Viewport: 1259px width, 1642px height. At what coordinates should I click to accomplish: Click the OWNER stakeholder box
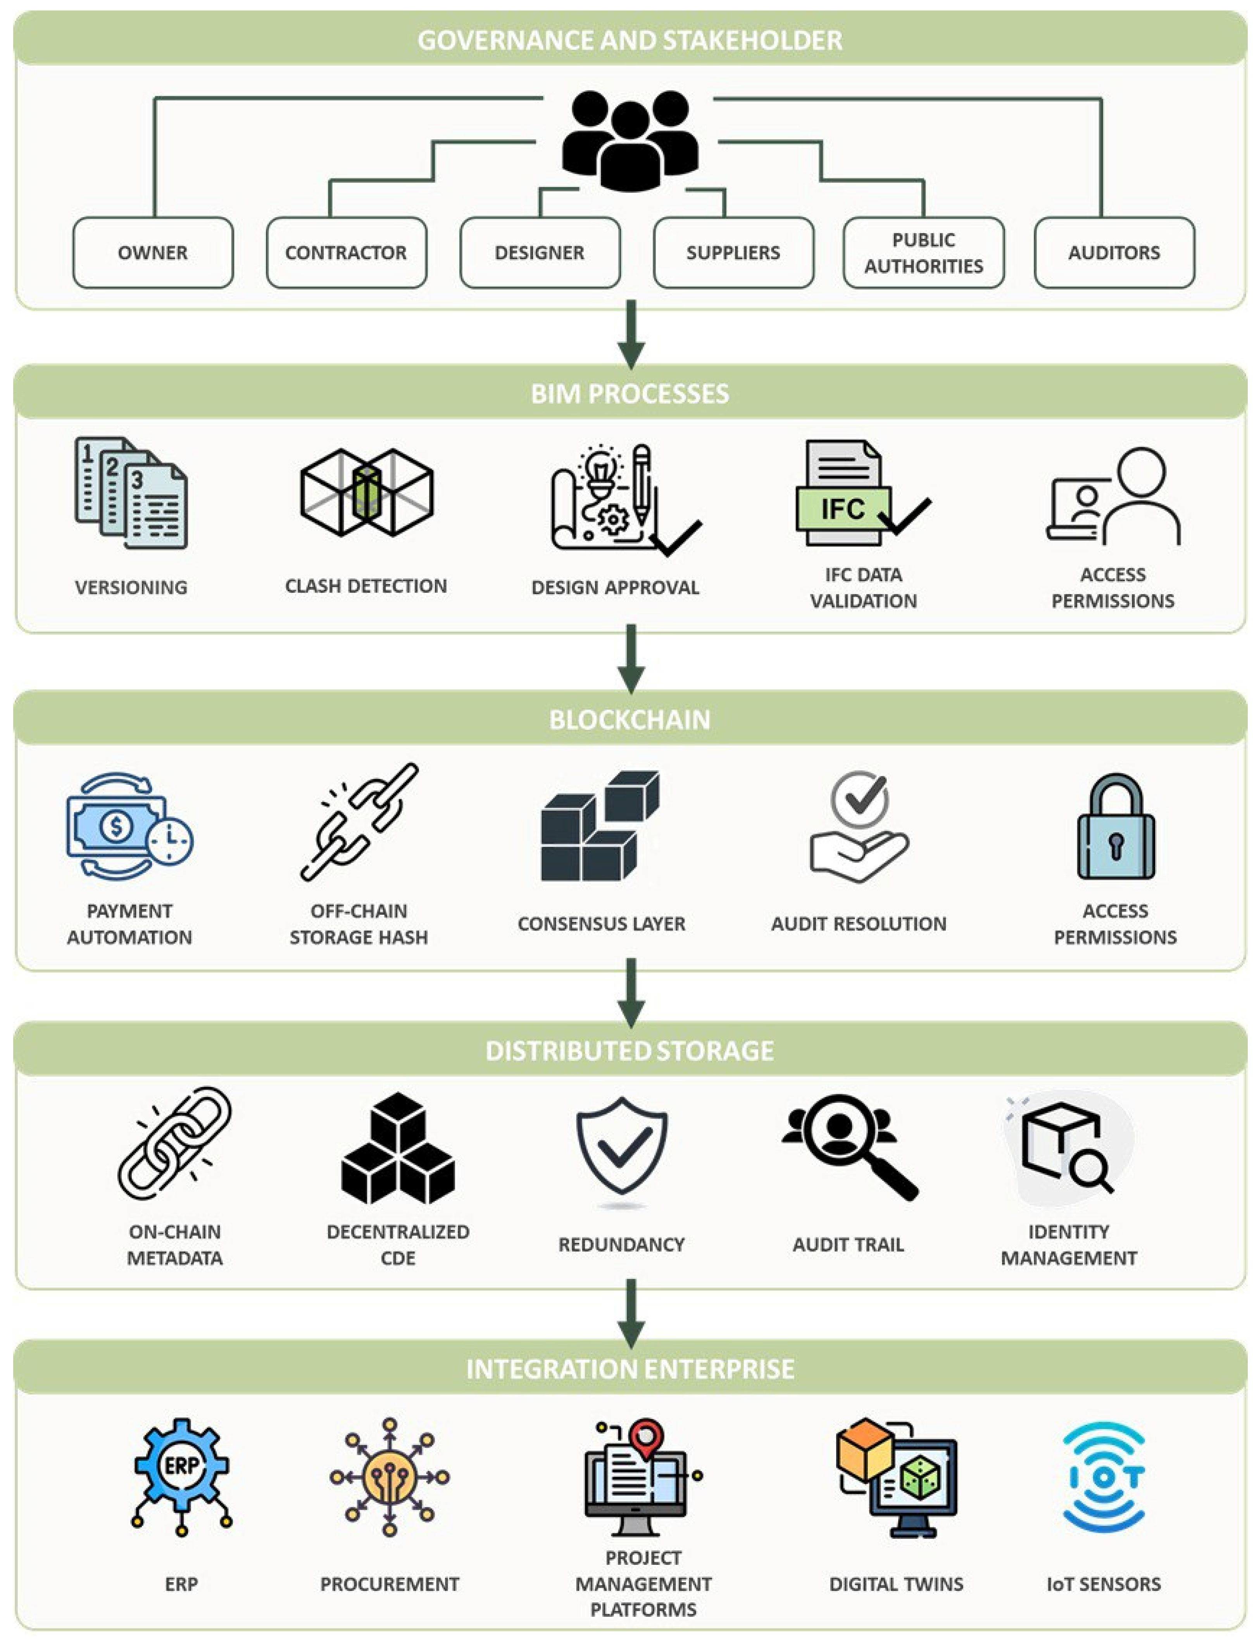[153, 253]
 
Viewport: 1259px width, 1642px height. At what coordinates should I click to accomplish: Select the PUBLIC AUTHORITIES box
[923, 253]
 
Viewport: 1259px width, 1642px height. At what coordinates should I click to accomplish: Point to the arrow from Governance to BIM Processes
[631, 334]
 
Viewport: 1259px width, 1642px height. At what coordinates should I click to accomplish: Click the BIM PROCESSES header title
[629, 394]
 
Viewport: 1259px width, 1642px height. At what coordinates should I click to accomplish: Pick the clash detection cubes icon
[366, 493]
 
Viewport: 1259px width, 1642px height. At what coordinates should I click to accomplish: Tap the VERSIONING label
[131, 587]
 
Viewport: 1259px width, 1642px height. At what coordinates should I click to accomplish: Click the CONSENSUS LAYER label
[601, 924]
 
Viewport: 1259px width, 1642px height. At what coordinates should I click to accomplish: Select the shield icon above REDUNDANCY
[621, 1145]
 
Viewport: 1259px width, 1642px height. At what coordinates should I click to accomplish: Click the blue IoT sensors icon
[1104, 1477]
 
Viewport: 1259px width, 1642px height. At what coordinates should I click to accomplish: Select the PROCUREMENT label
[389, 1584]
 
